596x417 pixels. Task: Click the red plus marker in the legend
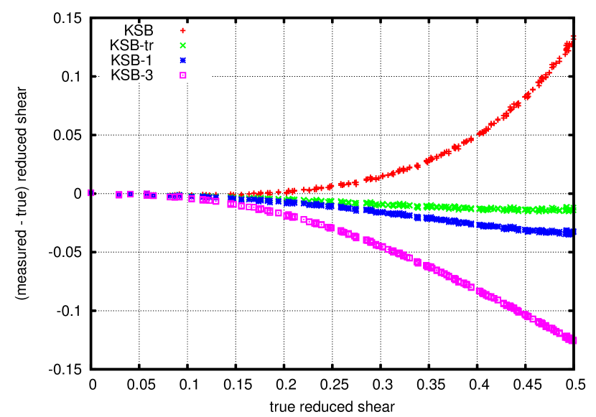pyautogui.click(x=183, y=31)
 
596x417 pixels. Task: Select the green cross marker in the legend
pyautogui.click(x=183, y=45)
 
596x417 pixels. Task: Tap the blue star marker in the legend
pyautogui.click(x=183, y=60)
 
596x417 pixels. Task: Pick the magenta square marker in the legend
pyautogui.click(x=183, y=75)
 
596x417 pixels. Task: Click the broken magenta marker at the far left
pyautogui.click(x=91, y=193)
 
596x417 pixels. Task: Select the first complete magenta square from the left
pyautogui.click(x=119, y=195)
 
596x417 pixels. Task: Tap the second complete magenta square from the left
pyautogui.click(x=131, y=194)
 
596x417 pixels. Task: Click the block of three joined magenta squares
pyautogui.click(x=174, y=197)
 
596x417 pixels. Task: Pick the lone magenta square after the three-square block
pyautogui.click(x=192, y=198)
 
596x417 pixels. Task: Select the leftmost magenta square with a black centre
pyautogui.click(x=215, y=201)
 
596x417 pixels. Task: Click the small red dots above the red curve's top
pyautogui.click(x=573, y=37)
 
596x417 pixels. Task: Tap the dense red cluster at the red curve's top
pyautogui.click(x=567, y=48)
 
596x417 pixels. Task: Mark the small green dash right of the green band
pyautogui.click(x=576, y=209)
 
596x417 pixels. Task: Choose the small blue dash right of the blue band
pyautogui.click(x=576, y=232)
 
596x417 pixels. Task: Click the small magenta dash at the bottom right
pyautogui.click(x=576, y=340)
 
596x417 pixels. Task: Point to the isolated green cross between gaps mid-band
pyautogui.click(x=417, y=207)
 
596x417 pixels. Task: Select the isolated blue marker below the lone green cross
pyautogui.click(x=417, y=215)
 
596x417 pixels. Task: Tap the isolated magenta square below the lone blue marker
pyautogui.click(x=417, y=262)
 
